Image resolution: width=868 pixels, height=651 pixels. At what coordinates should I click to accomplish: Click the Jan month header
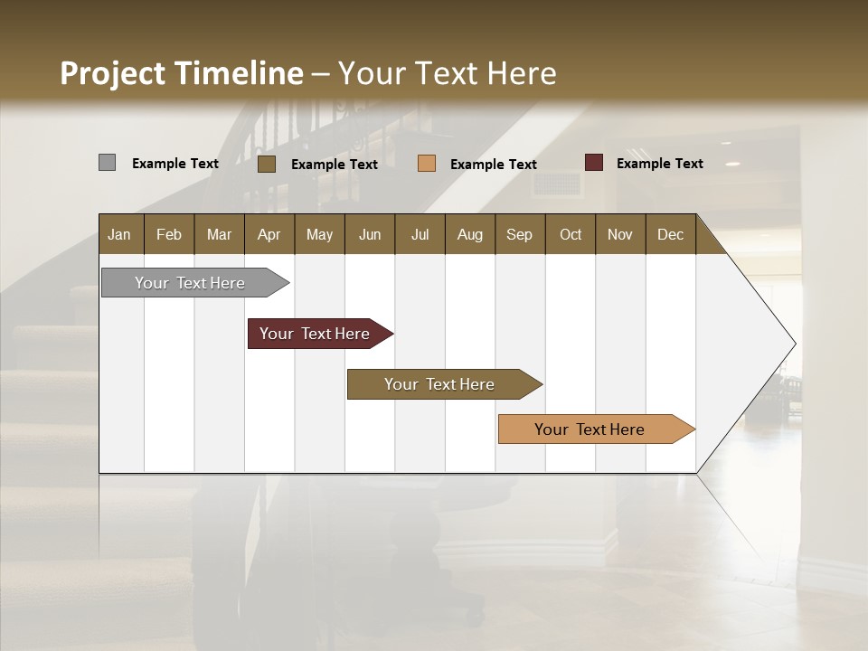pos(119,234)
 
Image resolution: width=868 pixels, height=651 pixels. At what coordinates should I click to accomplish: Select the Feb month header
pos(169,234)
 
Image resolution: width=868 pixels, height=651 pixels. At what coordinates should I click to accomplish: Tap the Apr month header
pos(269,234)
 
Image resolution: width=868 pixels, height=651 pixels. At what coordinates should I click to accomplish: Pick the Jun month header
pos(370,234)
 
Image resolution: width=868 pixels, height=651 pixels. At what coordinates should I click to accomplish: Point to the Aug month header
pos(469,234)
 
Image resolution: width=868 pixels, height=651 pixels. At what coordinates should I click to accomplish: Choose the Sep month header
pos(519,234)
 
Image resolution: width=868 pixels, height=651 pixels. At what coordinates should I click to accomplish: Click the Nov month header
pos(619,234)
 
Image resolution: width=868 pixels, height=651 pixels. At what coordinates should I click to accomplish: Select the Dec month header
pos(670,234)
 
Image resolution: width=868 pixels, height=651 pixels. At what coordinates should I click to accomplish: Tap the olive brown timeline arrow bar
pos(440,384)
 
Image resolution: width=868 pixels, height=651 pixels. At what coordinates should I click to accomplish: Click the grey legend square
pos(107,163)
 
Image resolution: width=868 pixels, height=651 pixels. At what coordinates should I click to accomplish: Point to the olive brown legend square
pos(266,164)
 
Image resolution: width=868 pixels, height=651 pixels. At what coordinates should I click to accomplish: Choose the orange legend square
pos(427,164)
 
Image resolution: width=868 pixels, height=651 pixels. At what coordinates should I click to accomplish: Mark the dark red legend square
pos(594,163)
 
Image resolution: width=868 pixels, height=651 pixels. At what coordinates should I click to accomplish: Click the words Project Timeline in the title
pos(181,73)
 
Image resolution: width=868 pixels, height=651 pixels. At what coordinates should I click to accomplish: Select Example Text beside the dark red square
pos(659,164)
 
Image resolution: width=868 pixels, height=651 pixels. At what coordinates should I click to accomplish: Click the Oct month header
pos(571,234)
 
